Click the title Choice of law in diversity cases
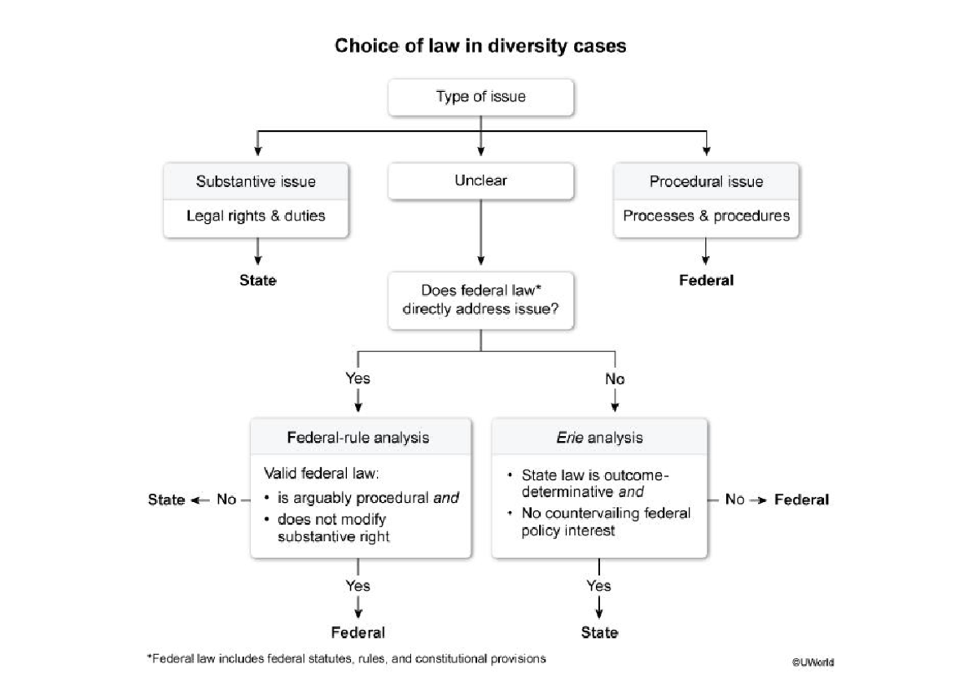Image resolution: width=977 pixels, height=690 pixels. (x=480, y=46)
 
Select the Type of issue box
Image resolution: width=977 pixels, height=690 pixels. (x=480, y=97)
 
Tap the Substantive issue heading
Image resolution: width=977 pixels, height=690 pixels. (x=256, y=181)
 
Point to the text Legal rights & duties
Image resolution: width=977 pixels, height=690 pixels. (x=256, y=216)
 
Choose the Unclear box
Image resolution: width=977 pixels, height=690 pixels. (x=480, y=181)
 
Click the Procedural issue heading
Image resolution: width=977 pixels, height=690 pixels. (x=706, y=181)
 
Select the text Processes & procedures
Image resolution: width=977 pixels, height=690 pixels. (x=706, y=216)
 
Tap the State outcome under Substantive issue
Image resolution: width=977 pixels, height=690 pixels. (x=257, y=281)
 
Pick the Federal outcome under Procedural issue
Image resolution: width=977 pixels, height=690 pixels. (x=706, y=281)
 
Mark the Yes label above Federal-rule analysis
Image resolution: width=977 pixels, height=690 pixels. (x=357, y=378)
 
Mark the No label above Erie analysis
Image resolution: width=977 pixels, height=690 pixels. (x=615, y=378)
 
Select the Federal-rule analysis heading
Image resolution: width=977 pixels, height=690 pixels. (x=358, y=438)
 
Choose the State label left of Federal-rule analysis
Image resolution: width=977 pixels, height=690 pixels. (x=166, y=500)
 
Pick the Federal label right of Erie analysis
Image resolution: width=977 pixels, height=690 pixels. (x=801, y=500)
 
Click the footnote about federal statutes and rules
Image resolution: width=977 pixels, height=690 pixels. (x=346, y=658)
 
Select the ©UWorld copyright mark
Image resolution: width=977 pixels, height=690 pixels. (x=812, y=662)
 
